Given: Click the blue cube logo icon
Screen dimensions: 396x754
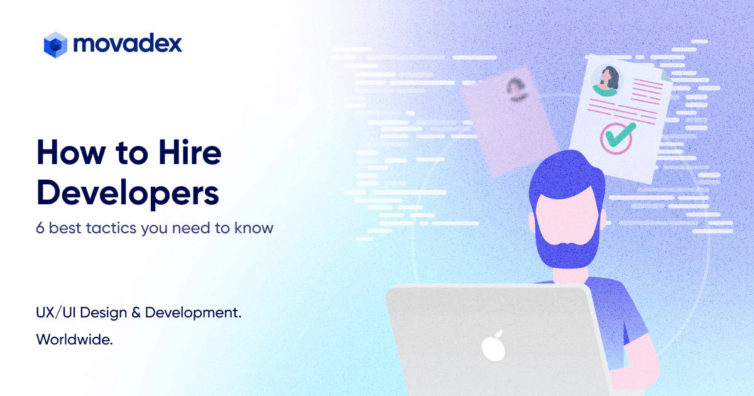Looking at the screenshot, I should pos(55,45).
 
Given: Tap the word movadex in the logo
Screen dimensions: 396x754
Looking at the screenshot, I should pos(128,44).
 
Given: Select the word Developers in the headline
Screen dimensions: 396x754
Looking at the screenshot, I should pos(128,193).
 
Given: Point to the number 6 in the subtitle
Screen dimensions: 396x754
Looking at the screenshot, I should pos(40,228).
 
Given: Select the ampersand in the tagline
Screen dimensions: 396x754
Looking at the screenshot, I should pos(136,312).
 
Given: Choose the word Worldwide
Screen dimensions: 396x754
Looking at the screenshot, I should pos(75,340).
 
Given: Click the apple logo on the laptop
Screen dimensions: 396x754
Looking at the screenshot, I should pos(491,344).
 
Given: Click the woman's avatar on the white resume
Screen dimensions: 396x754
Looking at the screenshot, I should pos(605,80).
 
